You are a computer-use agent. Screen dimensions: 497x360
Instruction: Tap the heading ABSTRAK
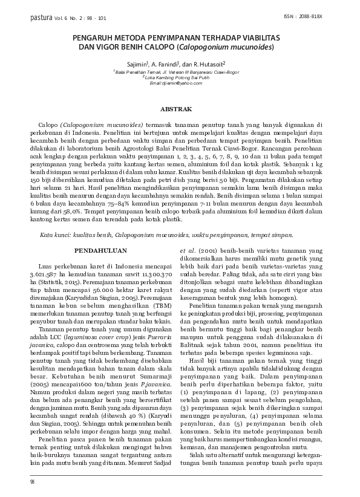tap(180, 109)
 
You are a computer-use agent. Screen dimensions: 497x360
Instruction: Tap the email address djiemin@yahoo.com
tap(180, 82)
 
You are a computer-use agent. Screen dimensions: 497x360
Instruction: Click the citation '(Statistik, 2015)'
tap(64, 282)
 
